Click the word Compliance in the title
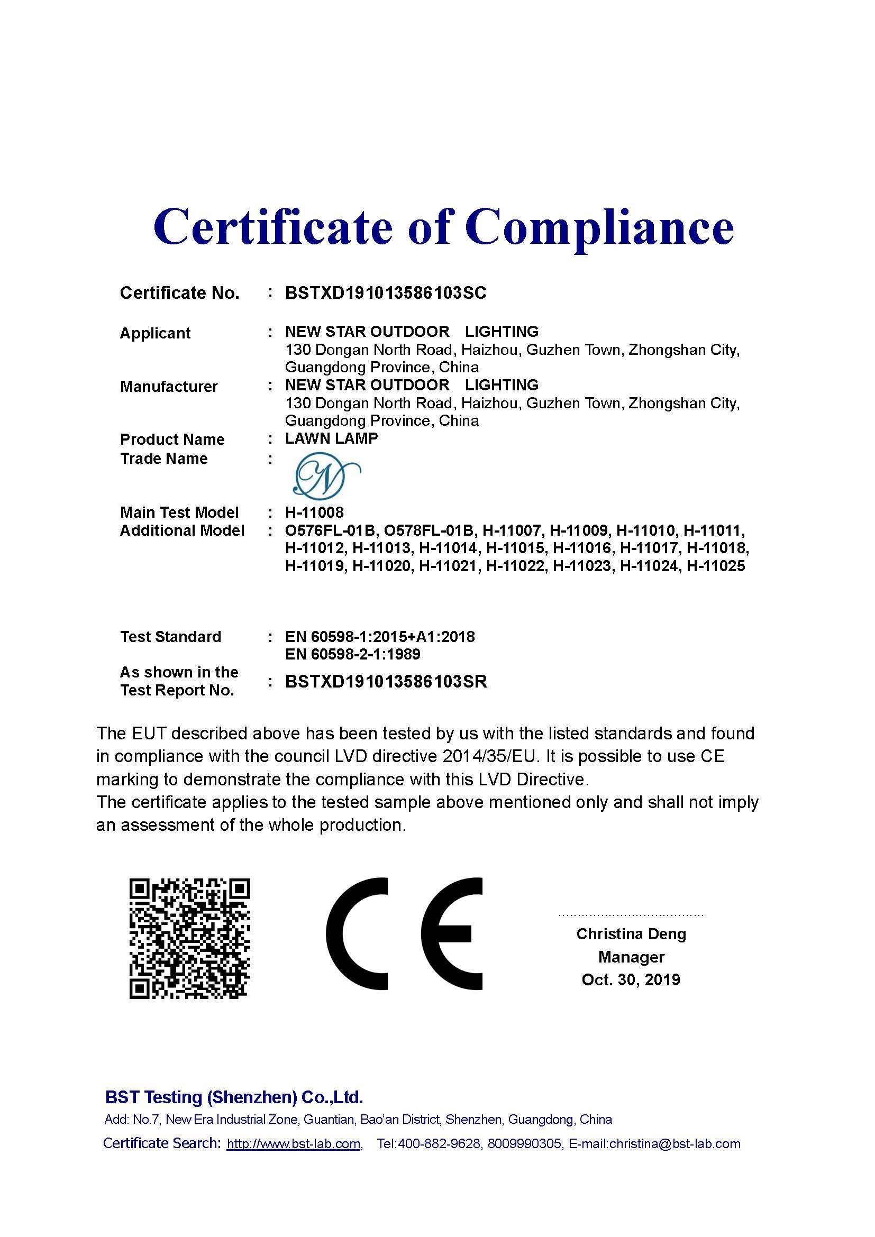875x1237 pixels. (599, 227)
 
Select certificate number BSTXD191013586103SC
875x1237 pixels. (385, 293)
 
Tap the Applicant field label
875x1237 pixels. (155, 333)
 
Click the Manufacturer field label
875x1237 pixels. (169, 386)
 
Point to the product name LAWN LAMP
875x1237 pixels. (331, 438)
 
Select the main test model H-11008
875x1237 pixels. (314, 512)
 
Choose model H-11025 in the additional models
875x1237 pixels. (716, 566)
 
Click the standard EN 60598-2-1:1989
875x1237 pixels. (352, 654)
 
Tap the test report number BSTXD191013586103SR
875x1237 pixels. (386, 682)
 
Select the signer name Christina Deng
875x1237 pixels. (631, 934)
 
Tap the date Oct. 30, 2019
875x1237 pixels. (631, 979)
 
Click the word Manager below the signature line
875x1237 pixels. (631, 957)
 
